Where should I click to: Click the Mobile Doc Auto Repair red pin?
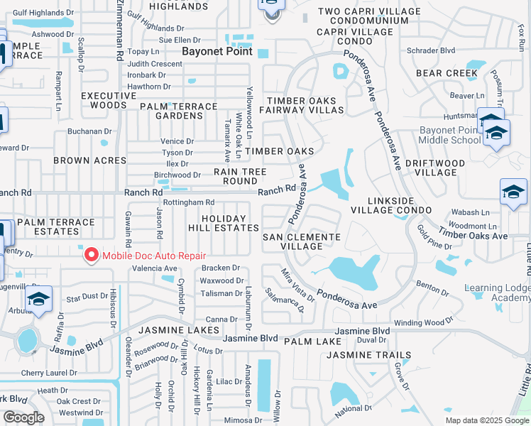pyautogui.click(x=91, y=255)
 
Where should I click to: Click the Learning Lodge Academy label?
pyautogui.click(x=497, y=293)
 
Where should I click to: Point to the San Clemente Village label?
pyautogui.click(x=302, y=241)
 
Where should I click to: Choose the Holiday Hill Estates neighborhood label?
pyautogui.click(x=223, y=223)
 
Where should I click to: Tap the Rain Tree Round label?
pyautogui.click(x=240, y=176)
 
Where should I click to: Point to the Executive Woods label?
pyautogui.click(x=109, y=100)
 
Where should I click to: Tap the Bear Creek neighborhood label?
pyautogui.click(x=447, y=73)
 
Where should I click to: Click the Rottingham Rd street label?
pyautogui.click(x=190, y=202)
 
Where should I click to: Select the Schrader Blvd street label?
pyautogui.click(x=431, y=50)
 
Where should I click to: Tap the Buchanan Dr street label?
pyautogui.click(x=91, y=131)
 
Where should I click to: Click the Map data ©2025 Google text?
pyautogui.click(x=486, y=420)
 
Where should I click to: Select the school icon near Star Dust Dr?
pyautogui.click(x=39, y=298)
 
